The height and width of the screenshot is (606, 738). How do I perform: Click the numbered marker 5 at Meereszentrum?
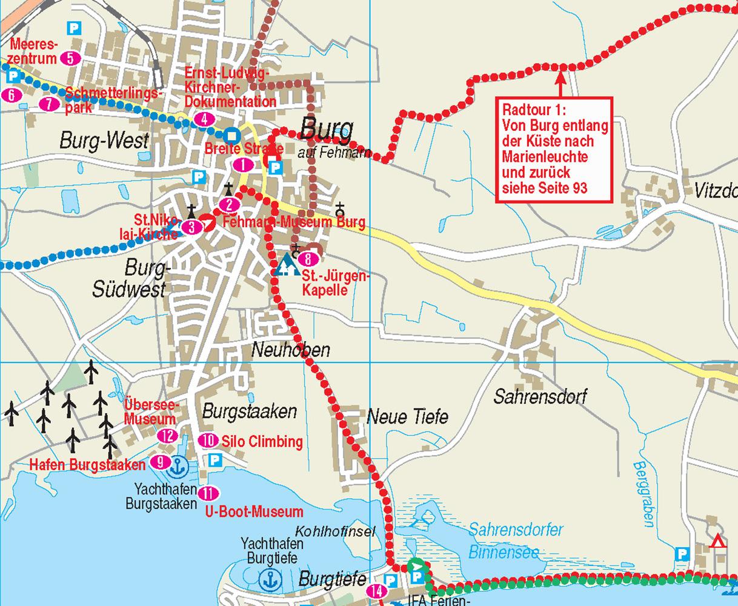coord(70,59)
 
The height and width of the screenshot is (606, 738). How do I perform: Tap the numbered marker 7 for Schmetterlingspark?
coord(49,104)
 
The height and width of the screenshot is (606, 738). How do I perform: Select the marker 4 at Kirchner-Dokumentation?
coord(205,119)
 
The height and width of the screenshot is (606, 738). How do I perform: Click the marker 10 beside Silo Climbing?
coord(208,441)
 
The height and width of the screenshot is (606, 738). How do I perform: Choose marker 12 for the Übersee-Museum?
coord(168,436)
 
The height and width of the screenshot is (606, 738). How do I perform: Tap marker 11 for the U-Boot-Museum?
coord(208,492)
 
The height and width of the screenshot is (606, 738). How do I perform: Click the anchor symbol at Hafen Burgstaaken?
coord(178,465)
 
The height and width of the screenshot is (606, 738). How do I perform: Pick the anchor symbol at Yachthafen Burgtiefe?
coord(267,579)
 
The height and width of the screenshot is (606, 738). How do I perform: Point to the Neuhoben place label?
coord(291,350)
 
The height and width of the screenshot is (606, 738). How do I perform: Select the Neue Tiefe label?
coord(407,416)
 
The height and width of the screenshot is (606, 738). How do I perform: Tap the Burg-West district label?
coord(104,141)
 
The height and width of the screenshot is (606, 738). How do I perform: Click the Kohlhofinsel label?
coord(335,531)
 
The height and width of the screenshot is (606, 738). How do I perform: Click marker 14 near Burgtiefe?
coord(376,591)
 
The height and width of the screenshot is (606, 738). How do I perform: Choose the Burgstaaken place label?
coord(250,412)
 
